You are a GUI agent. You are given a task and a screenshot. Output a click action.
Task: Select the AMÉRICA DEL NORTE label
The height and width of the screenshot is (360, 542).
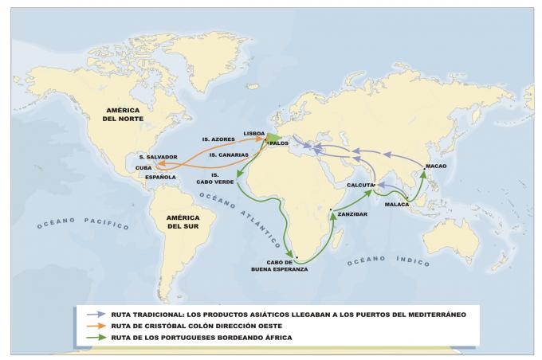click(130, 113)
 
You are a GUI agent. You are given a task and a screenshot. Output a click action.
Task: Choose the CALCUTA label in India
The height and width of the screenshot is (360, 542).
click(359, 185)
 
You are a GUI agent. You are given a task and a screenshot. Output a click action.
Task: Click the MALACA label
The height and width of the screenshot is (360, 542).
click(396, 205)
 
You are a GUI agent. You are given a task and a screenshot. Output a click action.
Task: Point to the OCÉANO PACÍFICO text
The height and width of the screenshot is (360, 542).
click(82, 222)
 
